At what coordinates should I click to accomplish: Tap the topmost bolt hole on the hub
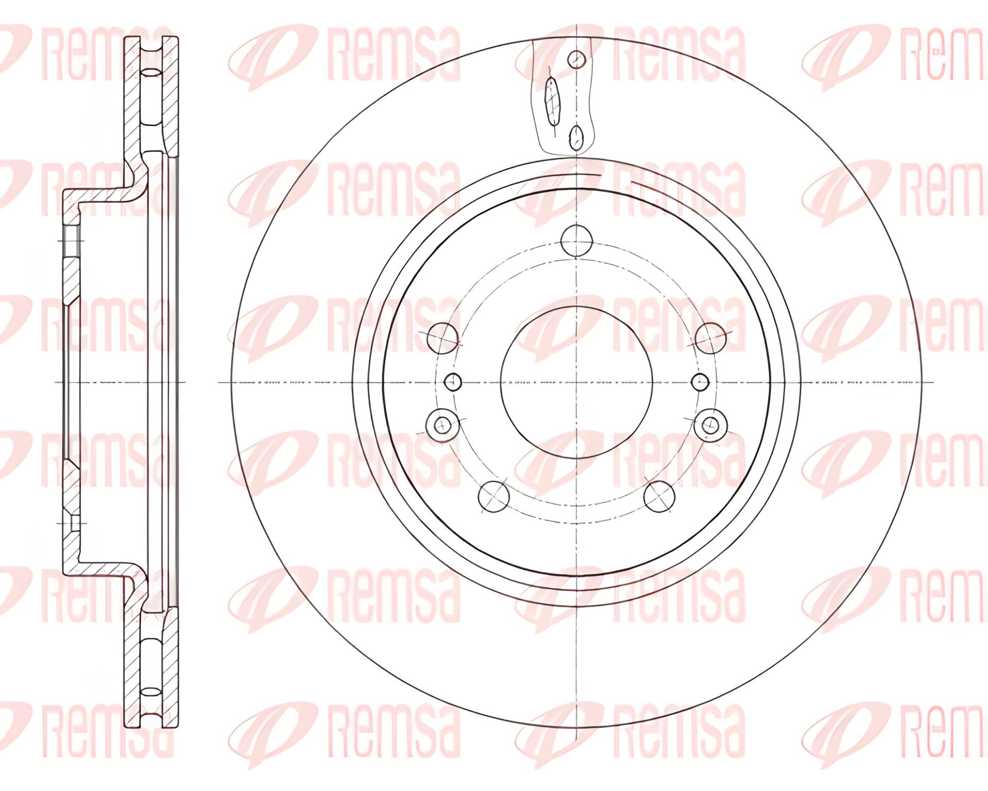coord(576,240)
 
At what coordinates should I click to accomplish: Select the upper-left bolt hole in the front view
coord(443,338)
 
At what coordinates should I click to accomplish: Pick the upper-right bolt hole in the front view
coord(710,338)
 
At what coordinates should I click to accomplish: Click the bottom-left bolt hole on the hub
coord(493,497)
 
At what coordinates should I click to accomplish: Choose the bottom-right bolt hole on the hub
coord(659,497)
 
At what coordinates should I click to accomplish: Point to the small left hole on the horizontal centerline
coord(453,382)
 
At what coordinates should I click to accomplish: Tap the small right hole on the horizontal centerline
coord(700,382)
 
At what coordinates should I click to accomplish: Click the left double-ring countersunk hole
coord(442,425)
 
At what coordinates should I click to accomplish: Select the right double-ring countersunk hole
coord(711,425)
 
